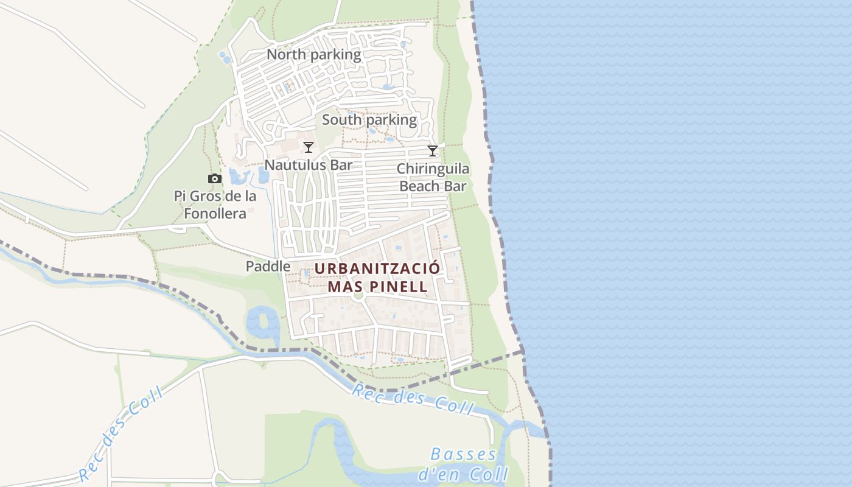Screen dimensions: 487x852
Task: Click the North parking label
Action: [313, 55]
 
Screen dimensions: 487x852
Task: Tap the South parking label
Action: [369, 120]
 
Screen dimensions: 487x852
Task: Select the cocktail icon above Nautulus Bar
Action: [309, 147]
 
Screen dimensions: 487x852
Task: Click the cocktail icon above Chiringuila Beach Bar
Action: [433, 151]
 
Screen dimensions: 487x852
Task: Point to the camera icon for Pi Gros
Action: [214, 179]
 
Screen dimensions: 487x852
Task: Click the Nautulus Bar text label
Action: [309, 165]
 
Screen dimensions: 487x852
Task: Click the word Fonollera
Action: [216, 214]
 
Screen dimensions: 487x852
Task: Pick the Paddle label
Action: [268, 267]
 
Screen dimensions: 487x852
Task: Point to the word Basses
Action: [463, 455]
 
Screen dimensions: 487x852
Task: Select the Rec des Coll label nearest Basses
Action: [412, 399]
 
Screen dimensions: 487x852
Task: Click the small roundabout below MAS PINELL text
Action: [358, 296]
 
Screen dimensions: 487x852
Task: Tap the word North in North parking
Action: [285, 55]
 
